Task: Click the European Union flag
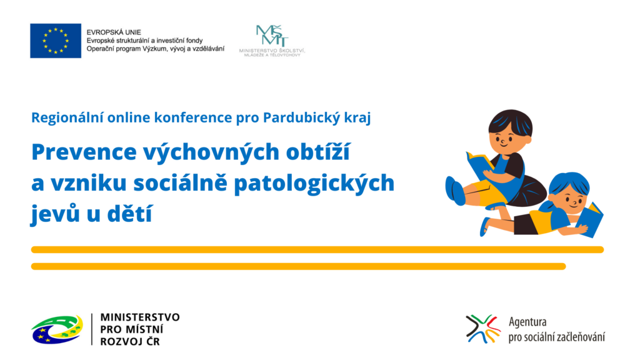56,41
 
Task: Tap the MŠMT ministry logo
272,41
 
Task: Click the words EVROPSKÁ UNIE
114,32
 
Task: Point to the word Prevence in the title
84,152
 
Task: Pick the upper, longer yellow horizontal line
317,250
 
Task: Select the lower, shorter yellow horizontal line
298,266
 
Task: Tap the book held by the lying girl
590,221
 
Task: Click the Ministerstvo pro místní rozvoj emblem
57,329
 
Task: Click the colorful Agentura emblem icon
483,329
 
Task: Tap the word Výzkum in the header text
153,49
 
